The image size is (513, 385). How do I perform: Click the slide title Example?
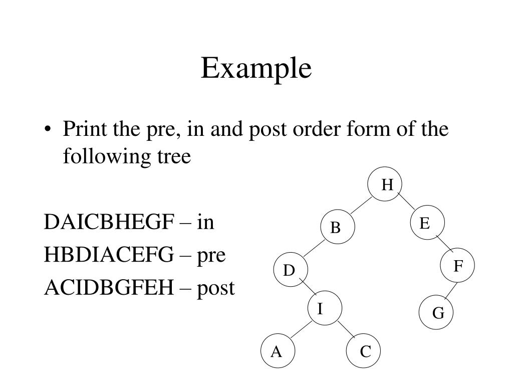click(x=256, y=69)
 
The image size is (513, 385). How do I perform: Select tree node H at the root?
click(x=385, y=185)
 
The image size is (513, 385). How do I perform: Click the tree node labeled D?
click(x=290, y=271)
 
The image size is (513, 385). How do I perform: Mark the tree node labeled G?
click(x=437, y=313)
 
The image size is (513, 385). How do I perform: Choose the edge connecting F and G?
click(x=450, y=292)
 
